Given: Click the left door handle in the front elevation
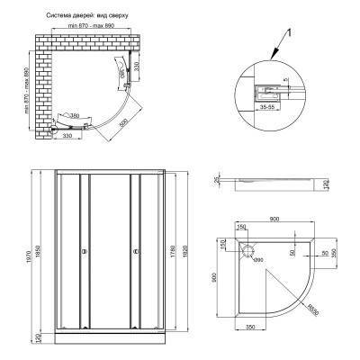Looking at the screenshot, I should point(84,253).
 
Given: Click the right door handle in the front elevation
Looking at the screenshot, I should point(135,253).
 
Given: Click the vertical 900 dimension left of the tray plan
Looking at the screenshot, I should point(215,280).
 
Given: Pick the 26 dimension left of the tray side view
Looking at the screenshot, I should point(218,179).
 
